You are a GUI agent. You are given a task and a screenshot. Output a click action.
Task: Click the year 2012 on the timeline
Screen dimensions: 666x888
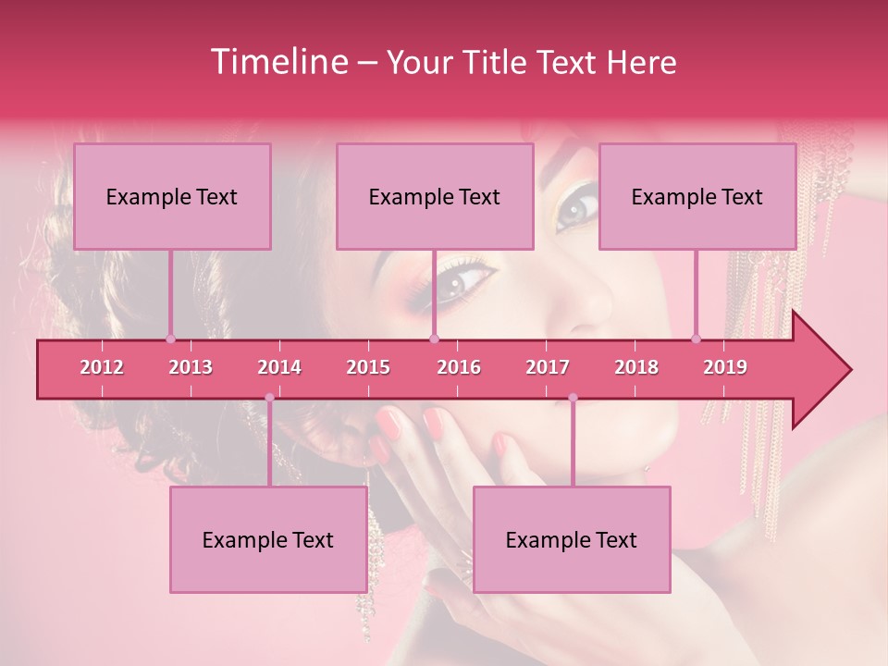coord(102,367)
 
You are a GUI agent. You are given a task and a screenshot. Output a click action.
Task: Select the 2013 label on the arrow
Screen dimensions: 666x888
coord(191,367)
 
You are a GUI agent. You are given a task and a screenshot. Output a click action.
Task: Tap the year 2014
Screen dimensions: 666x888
coord(279,367)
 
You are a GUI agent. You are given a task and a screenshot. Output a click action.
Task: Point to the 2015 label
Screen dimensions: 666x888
coord(368,367)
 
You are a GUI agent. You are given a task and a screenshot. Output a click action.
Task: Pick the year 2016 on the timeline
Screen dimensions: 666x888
coord(459,367)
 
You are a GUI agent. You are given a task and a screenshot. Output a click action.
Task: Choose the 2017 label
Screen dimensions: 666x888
coord(548,367)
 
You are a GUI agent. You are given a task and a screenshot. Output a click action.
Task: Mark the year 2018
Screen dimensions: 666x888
coord(636,367)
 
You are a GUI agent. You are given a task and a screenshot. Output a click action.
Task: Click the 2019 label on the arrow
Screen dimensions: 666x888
coord(725,367)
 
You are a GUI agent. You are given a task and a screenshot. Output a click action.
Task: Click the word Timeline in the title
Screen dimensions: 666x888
coord(277,62)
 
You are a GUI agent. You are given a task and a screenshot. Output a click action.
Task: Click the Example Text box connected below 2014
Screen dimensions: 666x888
coord(268,539)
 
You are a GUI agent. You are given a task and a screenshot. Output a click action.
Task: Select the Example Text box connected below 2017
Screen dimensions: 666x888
coord(572,539)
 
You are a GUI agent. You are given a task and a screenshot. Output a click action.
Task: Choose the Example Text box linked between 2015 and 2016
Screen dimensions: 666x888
coord(435,196)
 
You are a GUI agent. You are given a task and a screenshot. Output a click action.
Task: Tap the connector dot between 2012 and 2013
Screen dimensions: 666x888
coord(170,339)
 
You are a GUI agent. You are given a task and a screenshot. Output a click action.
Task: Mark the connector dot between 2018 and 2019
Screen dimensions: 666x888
coord(697,339)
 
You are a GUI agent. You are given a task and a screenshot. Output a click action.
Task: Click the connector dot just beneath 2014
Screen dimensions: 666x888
coord(269,398)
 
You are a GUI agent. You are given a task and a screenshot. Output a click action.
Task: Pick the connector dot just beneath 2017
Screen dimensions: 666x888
coord(573,398)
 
